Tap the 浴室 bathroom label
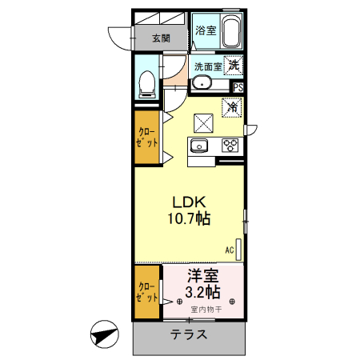[x=206, y=30]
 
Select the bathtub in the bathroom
[x=231, y=32]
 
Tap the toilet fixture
[x=147, y=83]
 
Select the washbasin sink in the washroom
[x=202, y=84]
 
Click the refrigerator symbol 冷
[x=233, y=106]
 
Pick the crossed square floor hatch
[x=203, y=122]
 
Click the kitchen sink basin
[x=199, y=145]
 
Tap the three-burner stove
[x=231, y=145]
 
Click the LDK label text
[x=188, y=202]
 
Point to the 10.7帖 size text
[x=189, y=218]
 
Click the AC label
[x=229, y=250]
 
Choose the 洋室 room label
[x=203, y=274]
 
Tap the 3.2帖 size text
[x=203, y=291]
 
